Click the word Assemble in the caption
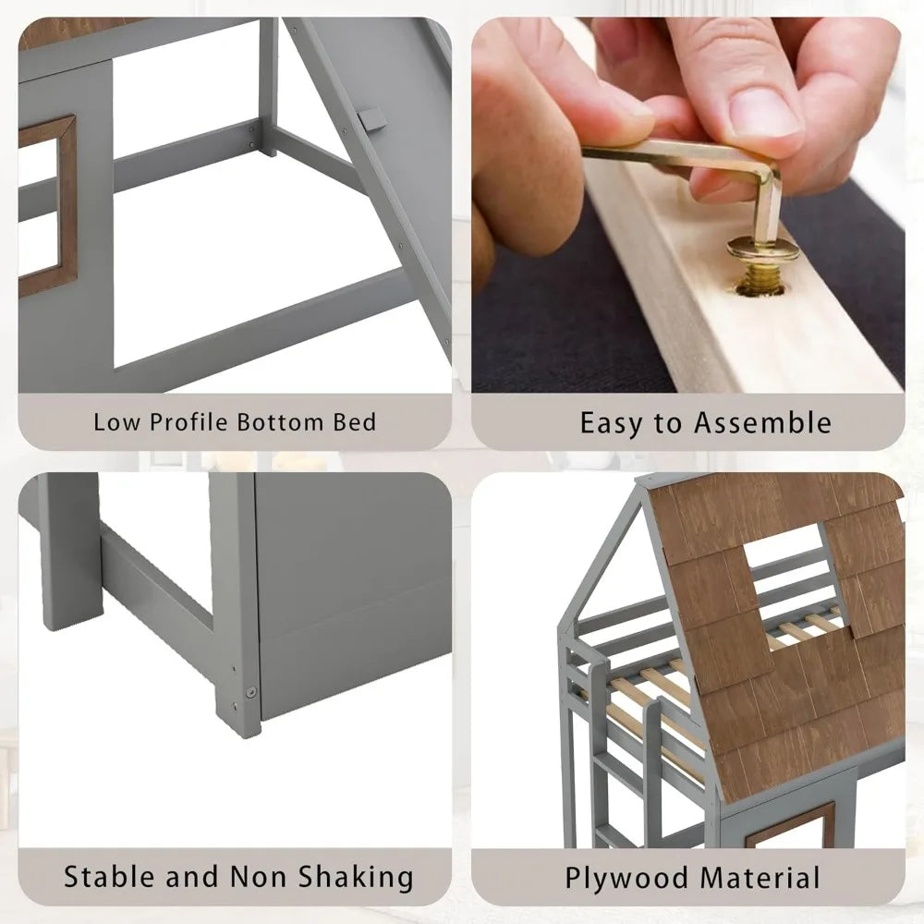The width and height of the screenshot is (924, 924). click(760, 423)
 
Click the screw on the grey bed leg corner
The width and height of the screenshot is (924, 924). click(249, 689)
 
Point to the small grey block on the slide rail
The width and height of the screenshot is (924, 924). click(370, 119)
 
